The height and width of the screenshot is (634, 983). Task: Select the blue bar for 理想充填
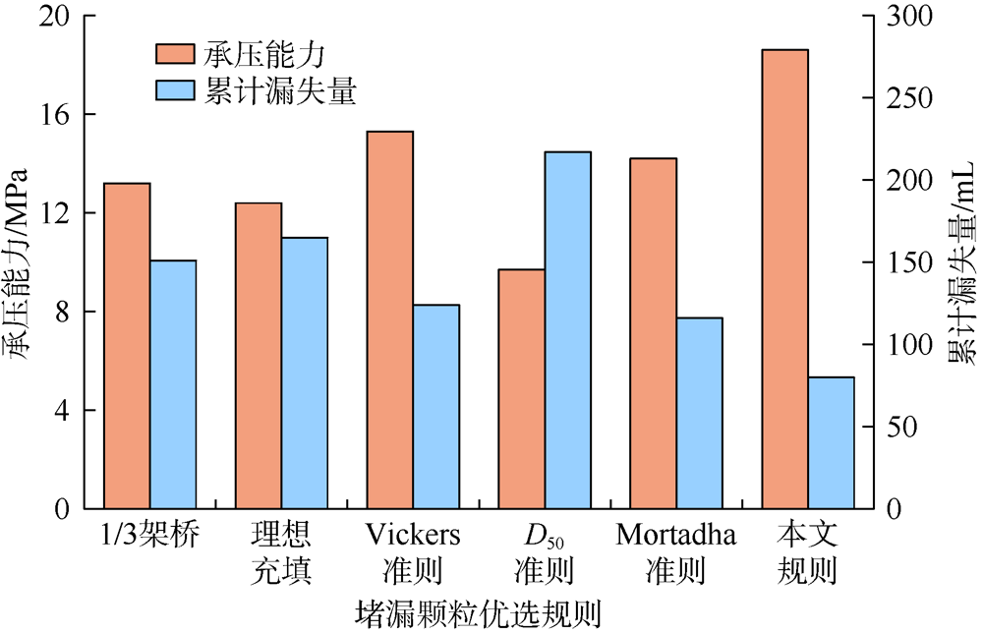(305, 374)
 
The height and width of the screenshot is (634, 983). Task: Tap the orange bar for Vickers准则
(389, 319)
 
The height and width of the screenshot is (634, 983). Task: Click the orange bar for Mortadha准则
(654, 333)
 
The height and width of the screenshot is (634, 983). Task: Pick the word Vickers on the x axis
(413, 536)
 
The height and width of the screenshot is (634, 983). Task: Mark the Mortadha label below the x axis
(678, 536)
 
